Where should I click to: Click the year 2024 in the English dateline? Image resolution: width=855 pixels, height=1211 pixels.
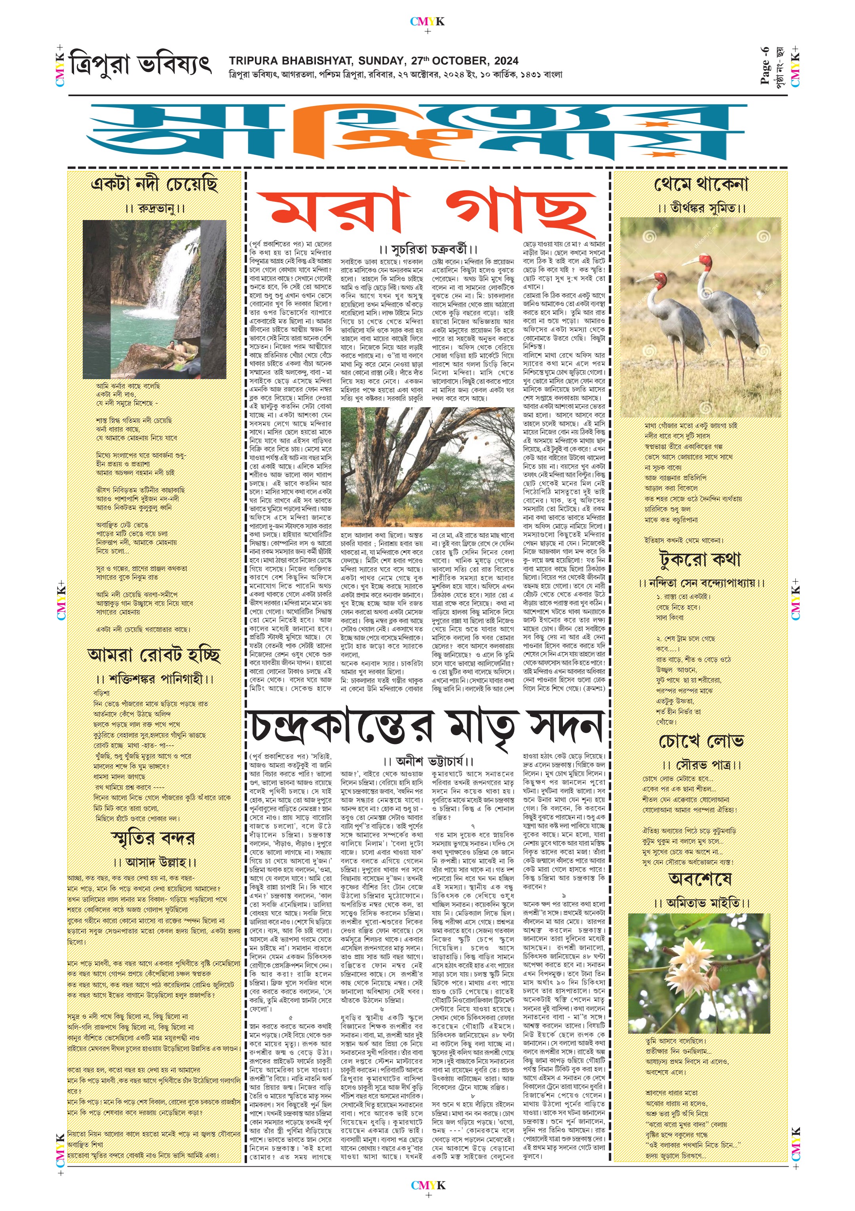[x=506, y=61]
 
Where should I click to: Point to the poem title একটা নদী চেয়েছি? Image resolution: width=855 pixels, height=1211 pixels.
[x=154, y=184]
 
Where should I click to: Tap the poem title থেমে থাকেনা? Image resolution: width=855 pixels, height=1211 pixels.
[x=701, y=184]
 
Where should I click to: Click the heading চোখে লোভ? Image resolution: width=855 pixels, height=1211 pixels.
[x=701, y=741]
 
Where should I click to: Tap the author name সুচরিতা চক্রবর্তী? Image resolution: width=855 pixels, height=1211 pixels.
[x=428, y=249]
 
